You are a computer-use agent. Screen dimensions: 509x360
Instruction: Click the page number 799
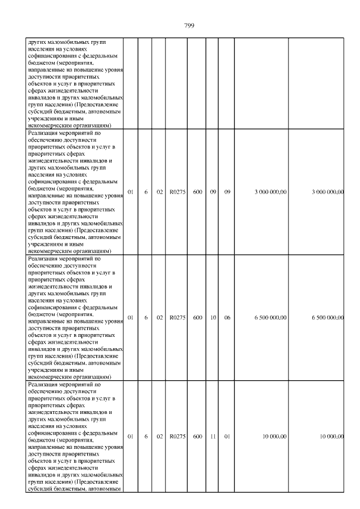coord(189,25)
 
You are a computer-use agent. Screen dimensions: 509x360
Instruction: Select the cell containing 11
coord(213,436)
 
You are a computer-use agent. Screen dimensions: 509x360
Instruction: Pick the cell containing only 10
coord(213,318)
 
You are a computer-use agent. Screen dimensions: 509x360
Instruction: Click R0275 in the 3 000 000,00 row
coord(177,192)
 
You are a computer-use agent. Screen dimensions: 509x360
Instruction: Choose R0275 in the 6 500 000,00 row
coord(177,318)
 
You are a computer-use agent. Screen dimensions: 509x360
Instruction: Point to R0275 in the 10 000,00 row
coord(177,436)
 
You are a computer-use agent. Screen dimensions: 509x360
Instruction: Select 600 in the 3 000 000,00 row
coord(197,192)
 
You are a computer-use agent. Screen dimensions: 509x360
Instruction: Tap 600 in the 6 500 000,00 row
coord(197,318)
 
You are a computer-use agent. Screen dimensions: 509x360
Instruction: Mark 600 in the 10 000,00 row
coord(197,436)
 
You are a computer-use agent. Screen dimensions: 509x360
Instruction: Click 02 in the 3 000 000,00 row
coord(160,192)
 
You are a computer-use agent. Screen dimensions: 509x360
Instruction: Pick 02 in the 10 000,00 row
coord(160,436)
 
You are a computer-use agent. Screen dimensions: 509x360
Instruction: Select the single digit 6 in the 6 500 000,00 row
coord(146,318)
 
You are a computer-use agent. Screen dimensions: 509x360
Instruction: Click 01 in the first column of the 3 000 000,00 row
coord(130,192)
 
